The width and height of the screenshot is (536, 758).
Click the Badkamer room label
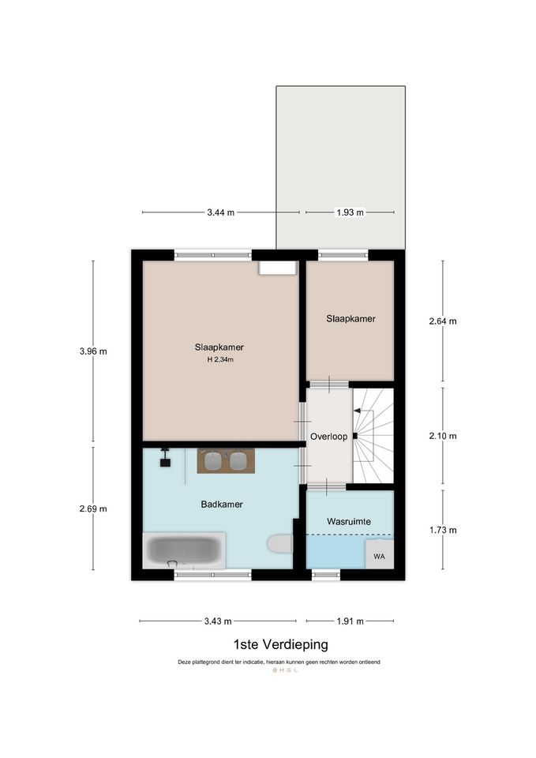coord(222,505)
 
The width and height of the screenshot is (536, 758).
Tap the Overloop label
coord(328,437)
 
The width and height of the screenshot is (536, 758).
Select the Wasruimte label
coord(349,522)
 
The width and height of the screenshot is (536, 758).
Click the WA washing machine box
coord(380,554)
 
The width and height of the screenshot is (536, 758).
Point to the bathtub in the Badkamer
coord(184,550)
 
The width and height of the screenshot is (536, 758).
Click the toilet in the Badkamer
coord(280,543)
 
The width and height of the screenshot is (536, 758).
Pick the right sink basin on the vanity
coord(238,460)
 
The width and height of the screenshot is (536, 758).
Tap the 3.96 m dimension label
coord(93,351)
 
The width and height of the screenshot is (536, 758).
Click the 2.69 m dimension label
coord(93,508)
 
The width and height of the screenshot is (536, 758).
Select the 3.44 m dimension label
coord(221,212)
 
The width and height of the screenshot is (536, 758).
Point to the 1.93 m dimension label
coord(350,212)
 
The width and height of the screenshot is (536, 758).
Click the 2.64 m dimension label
coord(443,321)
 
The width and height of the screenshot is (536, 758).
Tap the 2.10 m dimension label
coord(443,436)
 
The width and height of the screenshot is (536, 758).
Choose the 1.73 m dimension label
coord(443,530)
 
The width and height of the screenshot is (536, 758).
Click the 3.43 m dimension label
coord(218,621)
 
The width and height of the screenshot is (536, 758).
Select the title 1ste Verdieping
coord(280,644)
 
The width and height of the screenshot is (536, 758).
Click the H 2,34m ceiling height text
coord(220,360)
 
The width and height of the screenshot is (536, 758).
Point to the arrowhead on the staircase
coord(357,411)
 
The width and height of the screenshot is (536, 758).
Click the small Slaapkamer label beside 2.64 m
coord(351,318)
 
